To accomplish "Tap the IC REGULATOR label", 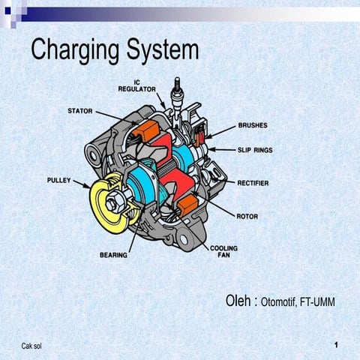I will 136,85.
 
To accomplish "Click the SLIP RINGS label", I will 255,150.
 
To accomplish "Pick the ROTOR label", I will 247,216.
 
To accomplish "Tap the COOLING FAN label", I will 224,252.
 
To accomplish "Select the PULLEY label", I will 59,181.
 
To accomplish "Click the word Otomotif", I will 279,302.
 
